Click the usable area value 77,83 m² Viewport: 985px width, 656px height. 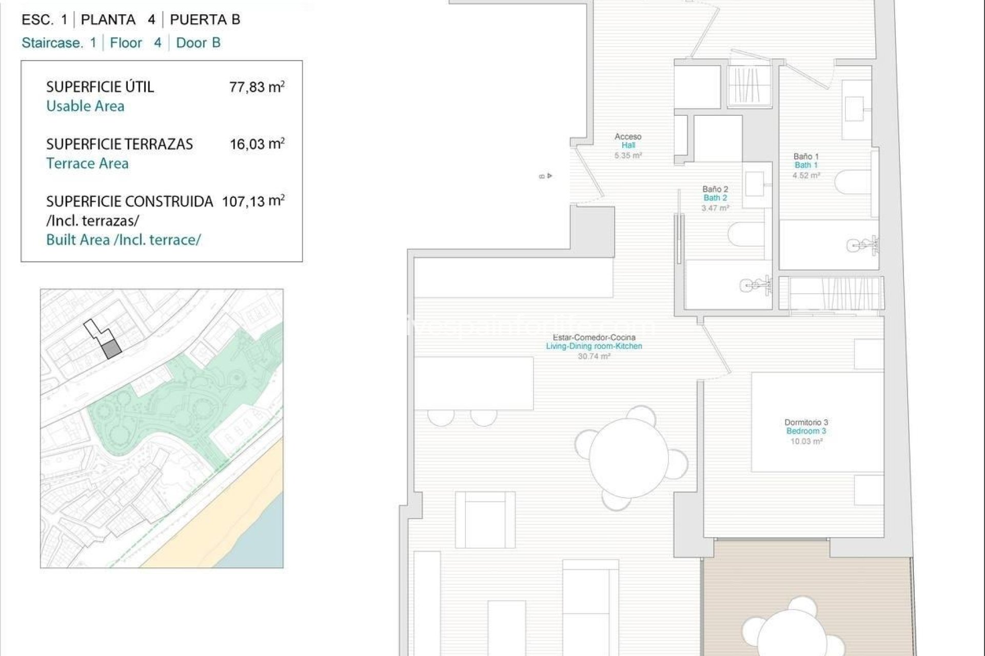(x=257, y=87)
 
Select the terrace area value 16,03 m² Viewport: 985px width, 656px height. (x=257, y=143)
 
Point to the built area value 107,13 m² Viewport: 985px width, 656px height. (x=253, y=200)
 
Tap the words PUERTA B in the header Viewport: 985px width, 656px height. (x=205, y=20)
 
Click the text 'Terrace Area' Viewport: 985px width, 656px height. (x=87, y=163)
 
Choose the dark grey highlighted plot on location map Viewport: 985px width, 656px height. (x=111, y=350)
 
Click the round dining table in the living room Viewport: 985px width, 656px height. (x=628, y=458)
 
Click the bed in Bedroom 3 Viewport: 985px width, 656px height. (x=817, y=422)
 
